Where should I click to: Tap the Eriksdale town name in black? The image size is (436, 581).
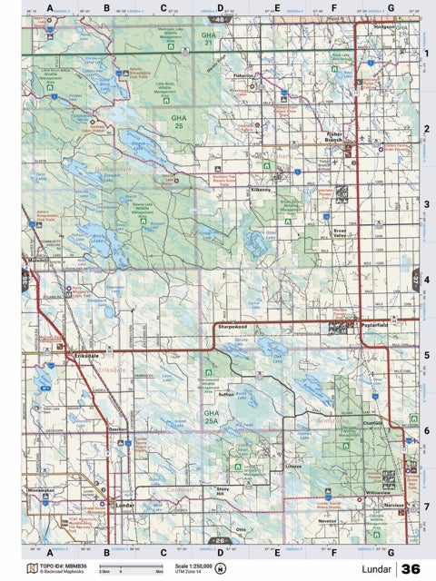90,357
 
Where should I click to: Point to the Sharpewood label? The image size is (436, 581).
233,322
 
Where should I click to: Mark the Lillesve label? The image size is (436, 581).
292,466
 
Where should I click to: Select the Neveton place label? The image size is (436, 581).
327,521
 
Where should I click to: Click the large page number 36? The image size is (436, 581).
410,568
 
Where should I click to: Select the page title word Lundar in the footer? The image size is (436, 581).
373,568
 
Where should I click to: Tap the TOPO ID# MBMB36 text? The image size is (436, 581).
64,565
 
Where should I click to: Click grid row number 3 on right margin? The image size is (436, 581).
426,205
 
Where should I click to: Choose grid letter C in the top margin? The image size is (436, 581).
163,8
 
